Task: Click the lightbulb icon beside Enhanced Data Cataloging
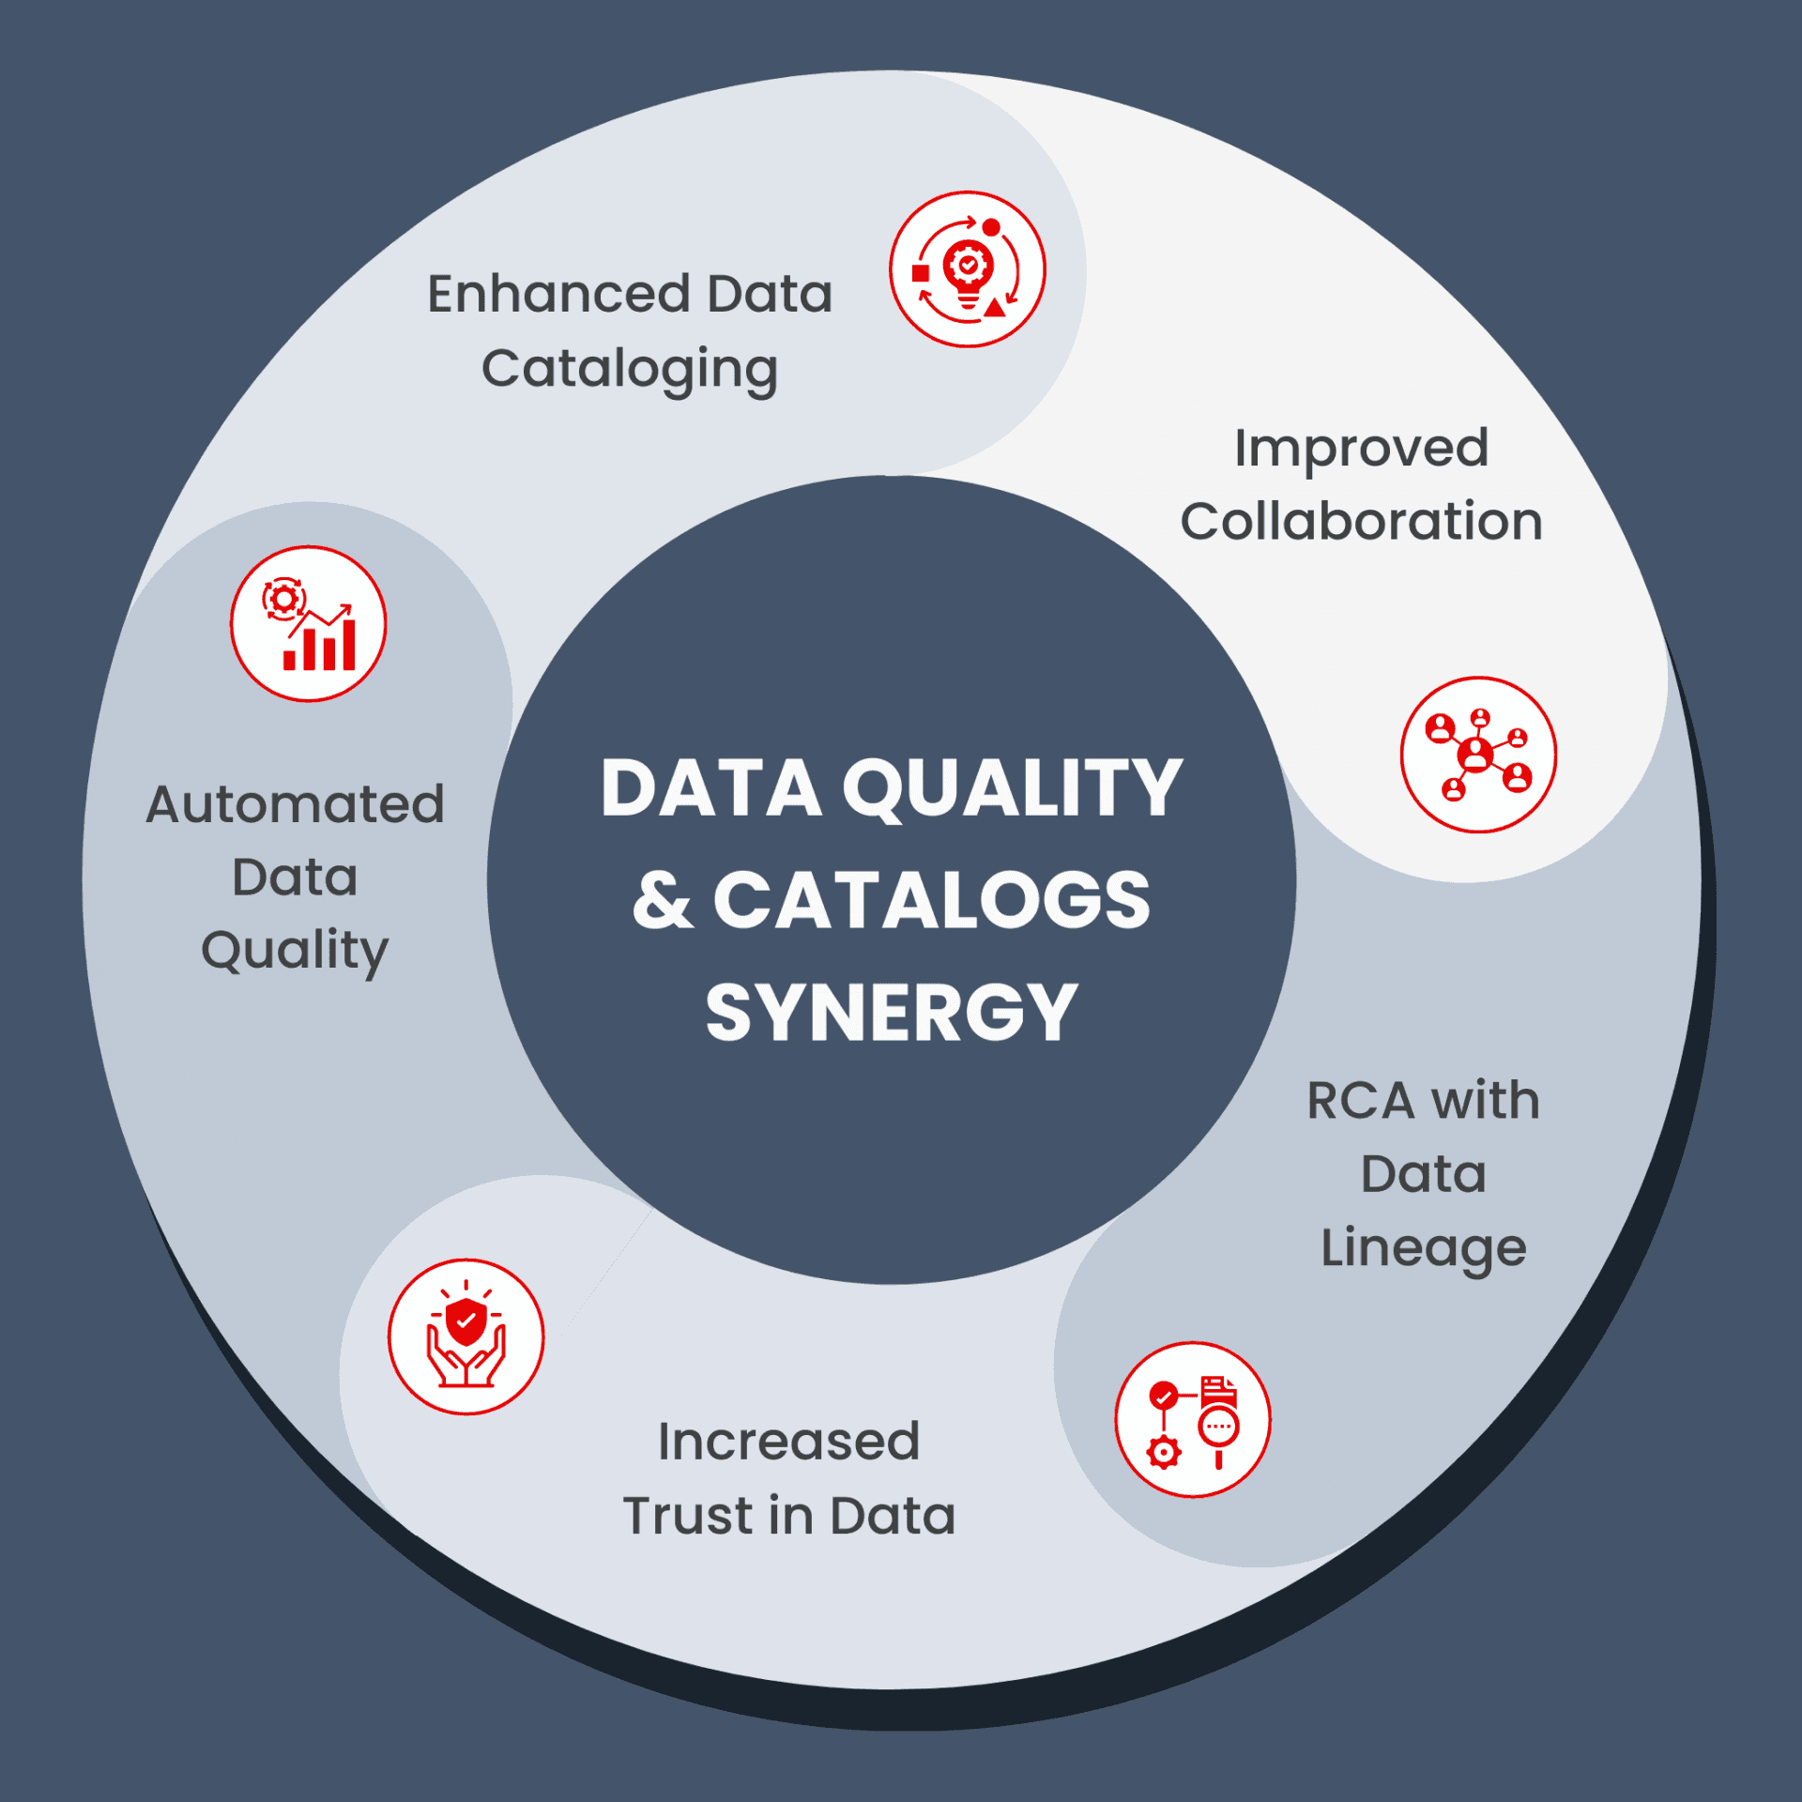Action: click(x=968, y=269)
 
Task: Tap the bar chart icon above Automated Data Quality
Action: click(x=309, y=624)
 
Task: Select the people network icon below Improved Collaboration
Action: click(x=1478, y=755)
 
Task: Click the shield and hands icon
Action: click(x=466, y=1336)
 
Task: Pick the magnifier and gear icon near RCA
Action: click(x=1193, y=1420)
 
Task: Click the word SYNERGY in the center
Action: click(x=891, y=1013)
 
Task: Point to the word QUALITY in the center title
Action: click(x=1012, y=788)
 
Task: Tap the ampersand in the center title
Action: click(x=663, y=901)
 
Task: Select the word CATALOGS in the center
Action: click(x=931, y=901)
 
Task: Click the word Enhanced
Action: click(x=559, y=294)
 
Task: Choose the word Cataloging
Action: click(x=630, y=369)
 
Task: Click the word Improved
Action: click(x=1361, y=448)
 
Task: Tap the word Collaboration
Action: click(x=1361, y=522)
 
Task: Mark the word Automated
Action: click(x=295, y=804)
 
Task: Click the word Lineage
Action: click(x=1424, y=1248)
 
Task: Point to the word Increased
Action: click(x=788, y=1442)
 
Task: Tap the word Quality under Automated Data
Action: click(x=295, y=951)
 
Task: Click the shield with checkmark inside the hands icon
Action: click(x=466, y=1321)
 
